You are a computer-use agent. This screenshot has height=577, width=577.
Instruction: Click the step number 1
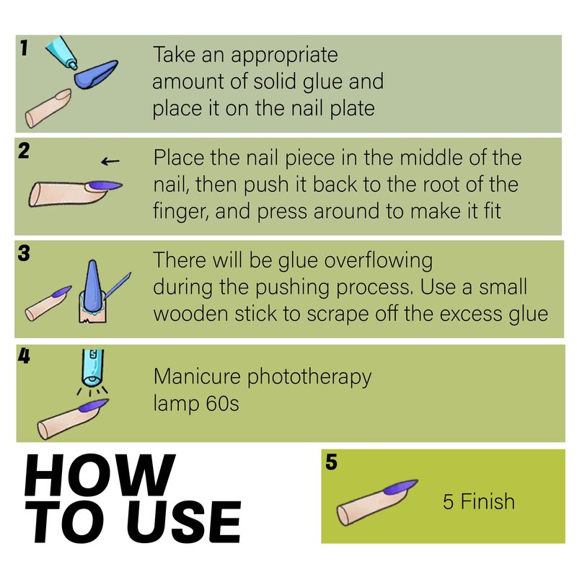pos(24,48)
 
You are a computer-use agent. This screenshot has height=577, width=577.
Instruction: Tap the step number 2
pos(24,151)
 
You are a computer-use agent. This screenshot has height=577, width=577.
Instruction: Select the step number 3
pos(24,253)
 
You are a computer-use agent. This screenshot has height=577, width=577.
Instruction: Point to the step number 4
pos(24,356)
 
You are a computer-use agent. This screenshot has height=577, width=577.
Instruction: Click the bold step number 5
pos(331,462)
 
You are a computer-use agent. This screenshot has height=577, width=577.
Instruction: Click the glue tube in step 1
pos(61,52)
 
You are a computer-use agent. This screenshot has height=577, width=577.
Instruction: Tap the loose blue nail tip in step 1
pos(96,74)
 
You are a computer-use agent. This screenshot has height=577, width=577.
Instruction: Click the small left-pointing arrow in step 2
pos(110,161)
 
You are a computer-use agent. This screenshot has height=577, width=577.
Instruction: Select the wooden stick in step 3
pos(118,285)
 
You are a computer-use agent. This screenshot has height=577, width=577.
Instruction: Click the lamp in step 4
pos(92,367)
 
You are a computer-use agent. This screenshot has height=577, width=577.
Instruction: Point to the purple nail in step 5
pos(400,488)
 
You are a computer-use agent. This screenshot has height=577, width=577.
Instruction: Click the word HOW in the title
pos(100,475)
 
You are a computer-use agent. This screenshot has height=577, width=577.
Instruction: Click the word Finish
pos(488,501)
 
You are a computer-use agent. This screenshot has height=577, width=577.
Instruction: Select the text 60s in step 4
pos(222,403)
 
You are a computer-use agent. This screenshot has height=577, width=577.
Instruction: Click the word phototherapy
pos(309,377)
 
